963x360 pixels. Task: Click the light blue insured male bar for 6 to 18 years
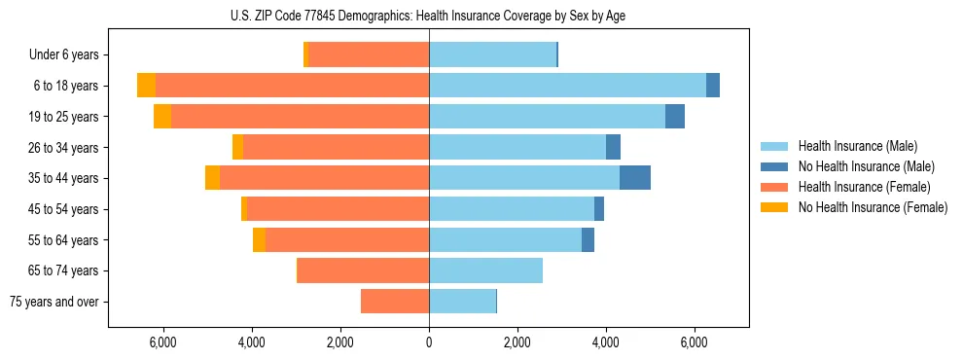click(567, 86)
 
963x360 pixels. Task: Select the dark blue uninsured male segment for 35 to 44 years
click(635, 178)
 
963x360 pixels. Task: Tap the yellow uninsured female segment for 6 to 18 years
click(146, 86)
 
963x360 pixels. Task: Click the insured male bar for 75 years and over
click(462, 302)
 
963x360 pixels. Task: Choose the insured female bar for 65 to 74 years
click(363, 270)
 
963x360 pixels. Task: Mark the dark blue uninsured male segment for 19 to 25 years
click(675, 117)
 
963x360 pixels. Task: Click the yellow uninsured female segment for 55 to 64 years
click(259, 240)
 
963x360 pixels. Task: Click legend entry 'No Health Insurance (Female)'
click(873, 207)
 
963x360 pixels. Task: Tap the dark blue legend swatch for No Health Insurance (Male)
click(774, 166)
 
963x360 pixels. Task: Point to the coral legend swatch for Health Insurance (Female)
click(774, 187)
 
